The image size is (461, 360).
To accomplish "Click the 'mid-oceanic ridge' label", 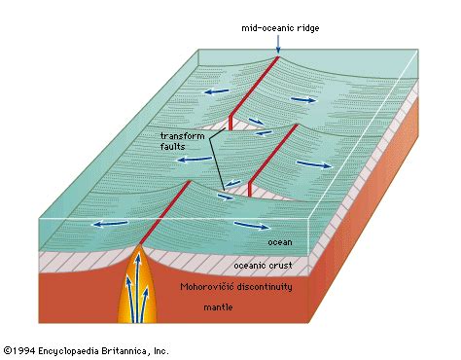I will click(x=279, y=28).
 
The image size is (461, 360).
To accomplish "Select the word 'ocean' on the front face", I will click(x=281, y=241).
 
